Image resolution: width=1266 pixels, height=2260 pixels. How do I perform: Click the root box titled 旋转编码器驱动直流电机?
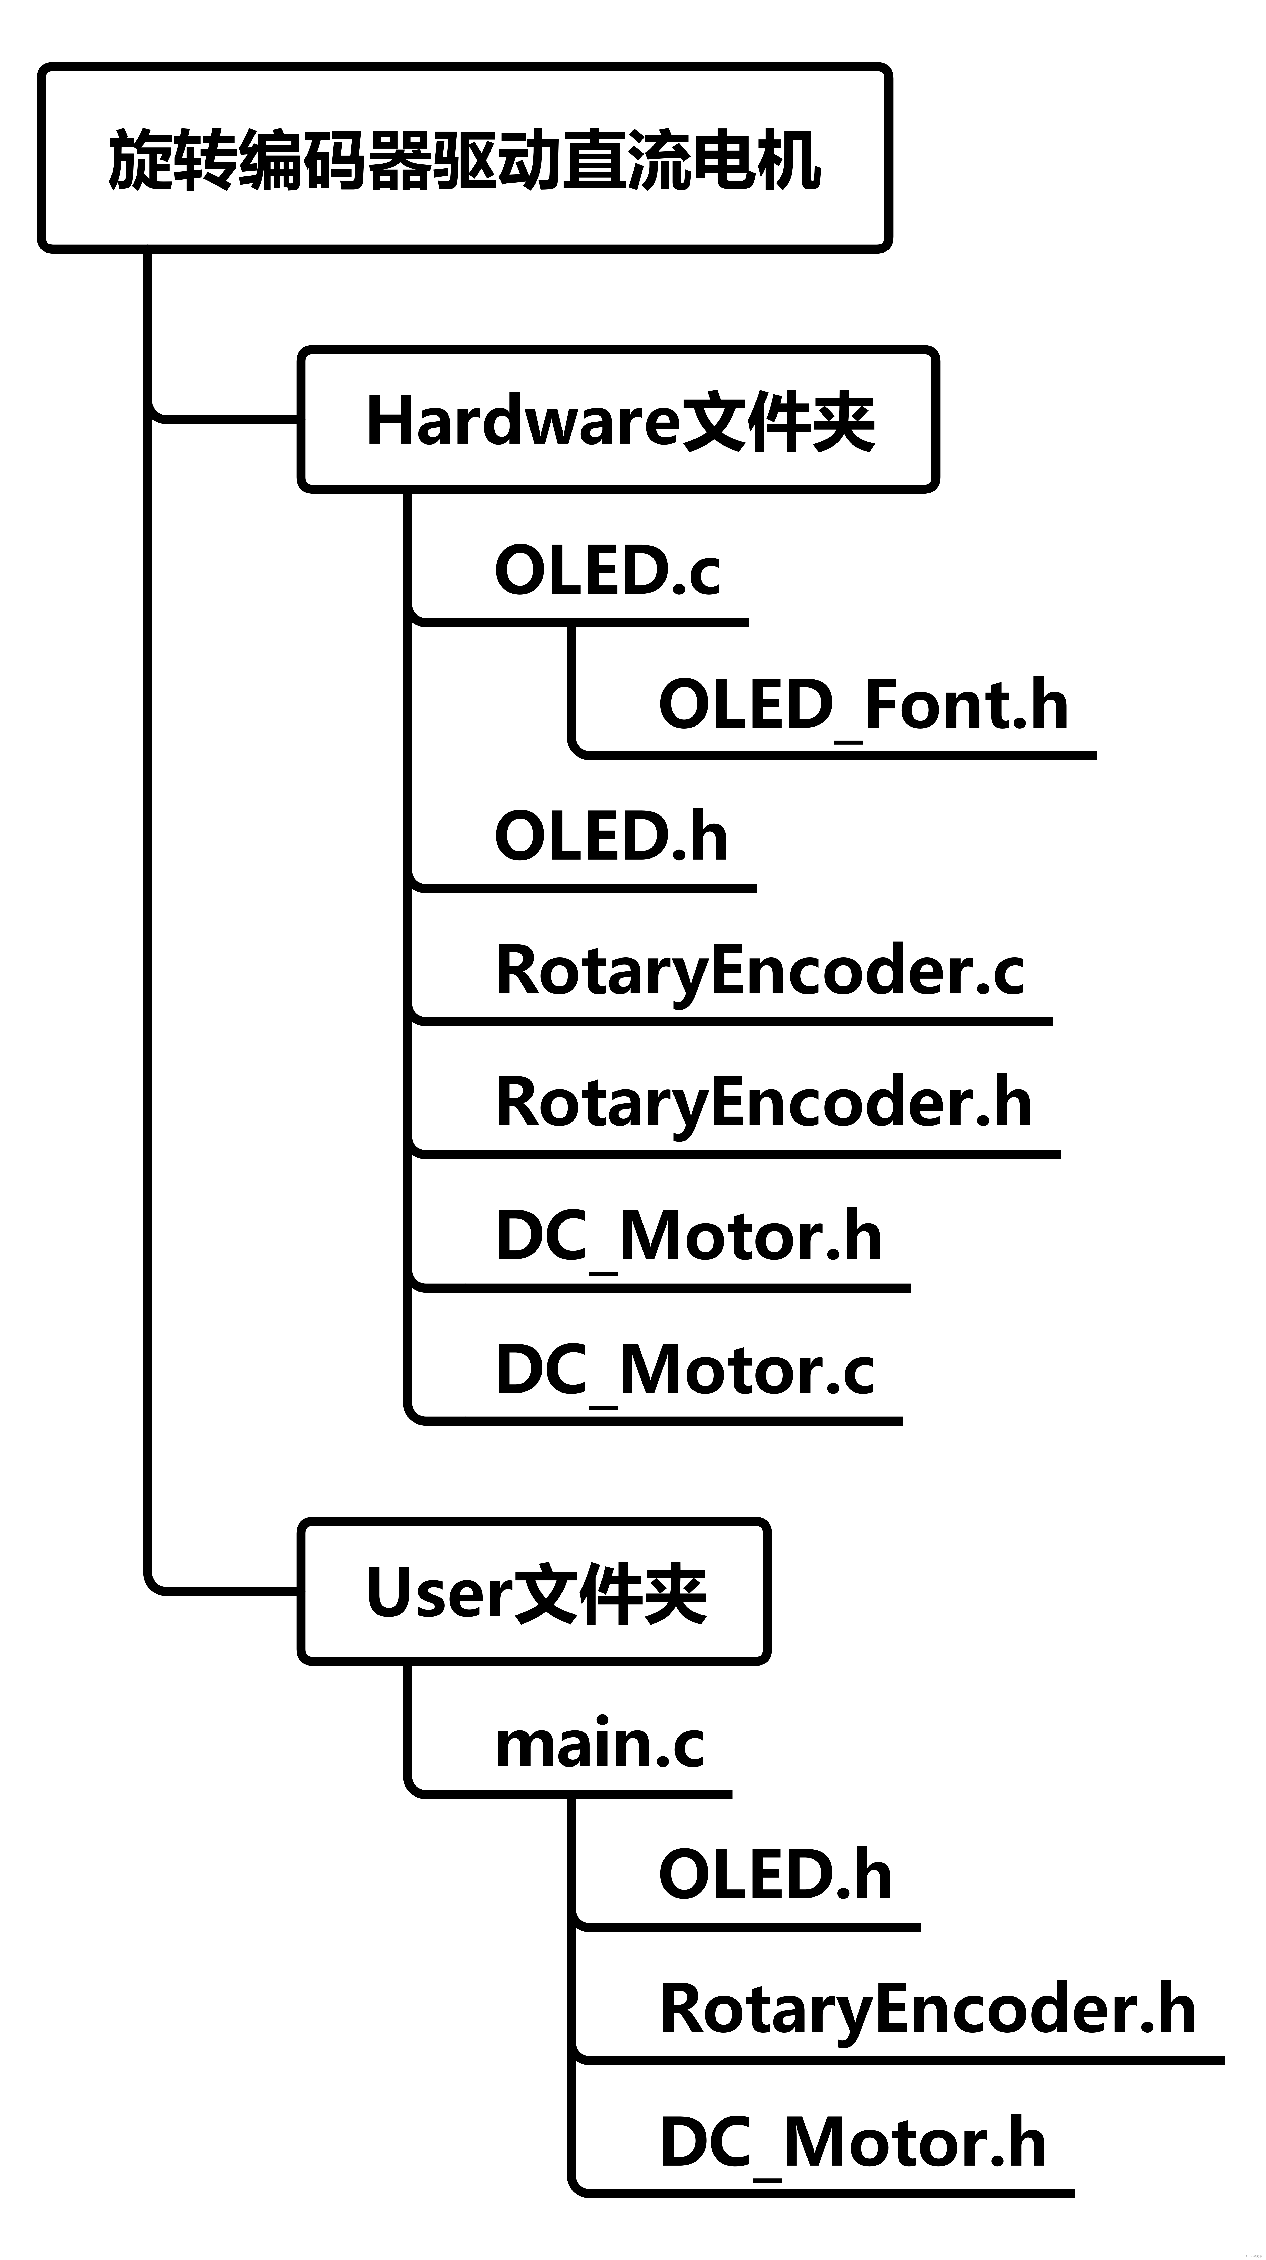(x=465, y=158)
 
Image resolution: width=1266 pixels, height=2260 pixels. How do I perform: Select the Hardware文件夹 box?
(x=619, y=419)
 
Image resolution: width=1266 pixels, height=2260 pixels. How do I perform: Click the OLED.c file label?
(x=607, y=570)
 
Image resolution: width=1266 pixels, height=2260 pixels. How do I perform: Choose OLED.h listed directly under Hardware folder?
(x=611, y=836)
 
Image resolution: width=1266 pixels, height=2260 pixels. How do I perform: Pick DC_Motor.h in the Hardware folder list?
(x=689, y=1237)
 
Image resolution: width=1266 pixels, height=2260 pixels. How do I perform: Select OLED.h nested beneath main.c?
(x=775, y=1876)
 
